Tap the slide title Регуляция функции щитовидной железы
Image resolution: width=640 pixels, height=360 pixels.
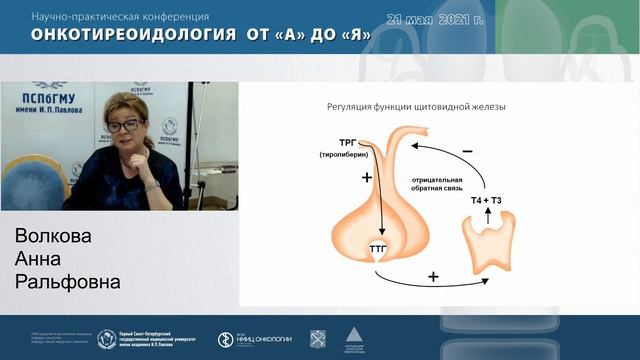click(423, 107)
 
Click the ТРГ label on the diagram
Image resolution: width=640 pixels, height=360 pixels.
click(351, 143)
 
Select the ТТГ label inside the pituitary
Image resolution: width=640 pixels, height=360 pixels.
click(378, 245)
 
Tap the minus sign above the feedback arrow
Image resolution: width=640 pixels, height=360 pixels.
click(467, 151)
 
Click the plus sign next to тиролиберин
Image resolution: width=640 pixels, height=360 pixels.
click(366, 177)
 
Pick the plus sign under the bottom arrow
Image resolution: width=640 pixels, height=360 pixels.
click(434, 274)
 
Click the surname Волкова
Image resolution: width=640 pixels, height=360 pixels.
click(53, 237)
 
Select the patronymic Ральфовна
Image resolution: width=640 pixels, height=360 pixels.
click(68, 283)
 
